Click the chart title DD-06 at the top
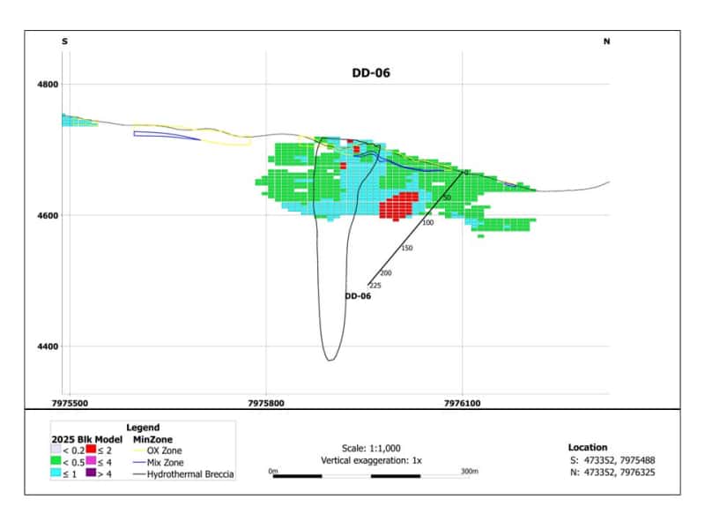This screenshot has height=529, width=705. pos(371,73)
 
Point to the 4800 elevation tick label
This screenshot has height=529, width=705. pos(48,84)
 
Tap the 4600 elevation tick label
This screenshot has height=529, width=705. pos(48,215)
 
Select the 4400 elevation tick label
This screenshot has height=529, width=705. pos(48,346)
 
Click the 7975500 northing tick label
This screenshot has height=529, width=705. pos(70,403)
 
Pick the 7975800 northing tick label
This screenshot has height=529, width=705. pos(266,403)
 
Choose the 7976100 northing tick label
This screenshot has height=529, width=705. pos(462,403)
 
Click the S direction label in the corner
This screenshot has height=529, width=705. pos(64,41)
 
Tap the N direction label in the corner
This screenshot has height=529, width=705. pos(606,41)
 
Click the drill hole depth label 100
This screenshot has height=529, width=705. pos(428,223)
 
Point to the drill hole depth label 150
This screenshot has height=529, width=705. pos(407,248)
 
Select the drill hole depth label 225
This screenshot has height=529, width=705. pos(375,286)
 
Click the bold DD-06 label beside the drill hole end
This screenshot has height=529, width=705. pos(358,296)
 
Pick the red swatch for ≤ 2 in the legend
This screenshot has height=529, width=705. pos(92,449)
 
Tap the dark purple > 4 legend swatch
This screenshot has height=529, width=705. pos(92,473)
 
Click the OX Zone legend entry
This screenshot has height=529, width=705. pos(158,451)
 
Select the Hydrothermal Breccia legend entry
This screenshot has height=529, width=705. pos(184,474)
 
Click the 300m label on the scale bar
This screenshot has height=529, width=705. pos(470,471)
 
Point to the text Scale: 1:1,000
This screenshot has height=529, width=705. pos(371,448)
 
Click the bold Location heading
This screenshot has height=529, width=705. pos(588,447)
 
